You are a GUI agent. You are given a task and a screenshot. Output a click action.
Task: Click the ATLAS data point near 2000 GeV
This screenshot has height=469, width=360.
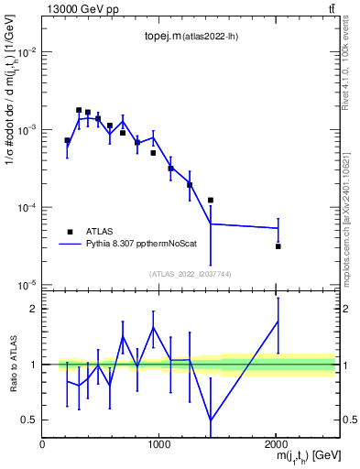[x=278, y=246]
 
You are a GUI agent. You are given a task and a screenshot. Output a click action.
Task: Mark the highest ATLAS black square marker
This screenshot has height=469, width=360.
[x=79, y=110]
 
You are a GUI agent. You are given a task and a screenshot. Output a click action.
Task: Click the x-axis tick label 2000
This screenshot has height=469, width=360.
[x=276, y=443]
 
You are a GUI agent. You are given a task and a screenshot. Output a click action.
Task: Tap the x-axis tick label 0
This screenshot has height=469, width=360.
[x=42, y=443]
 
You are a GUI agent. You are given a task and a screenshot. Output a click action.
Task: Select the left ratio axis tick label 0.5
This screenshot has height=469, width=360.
[x=29, y=420]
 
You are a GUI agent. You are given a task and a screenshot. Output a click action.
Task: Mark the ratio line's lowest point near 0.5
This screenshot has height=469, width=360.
[x=212, y=420]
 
